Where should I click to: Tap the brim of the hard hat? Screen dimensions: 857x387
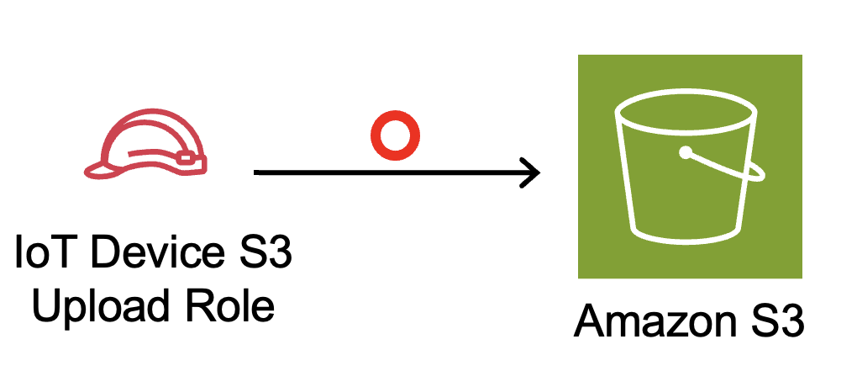99,171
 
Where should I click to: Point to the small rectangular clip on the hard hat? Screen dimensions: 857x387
189,157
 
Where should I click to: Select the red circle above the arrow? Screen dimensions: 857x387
395,136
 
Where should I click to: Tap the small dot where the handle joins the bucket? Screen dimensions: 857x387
686,153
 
